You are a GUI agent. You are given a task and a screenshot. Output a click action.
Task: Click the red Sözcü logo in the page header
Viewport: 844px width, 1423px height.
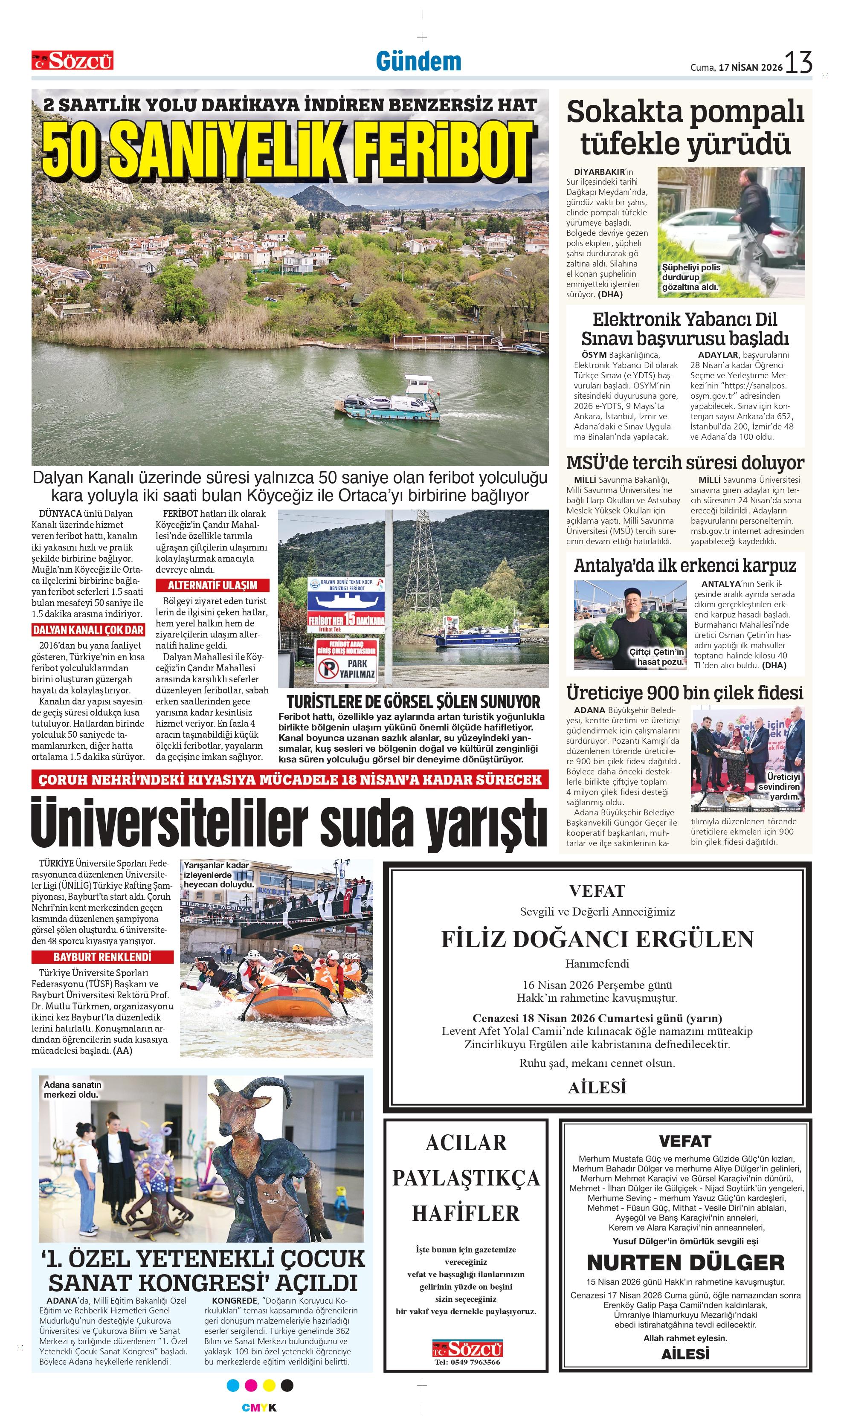pyautogui.click(x=72, y=60)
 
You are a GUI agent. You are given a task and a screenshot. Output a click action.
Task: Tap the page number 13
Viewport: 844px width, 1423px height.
pyautogui.click(x=799, y=63)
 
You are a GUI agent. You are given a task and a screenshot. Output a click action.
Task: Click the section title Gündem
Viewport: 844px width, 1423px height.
pyautogui.click(x=418, y=61)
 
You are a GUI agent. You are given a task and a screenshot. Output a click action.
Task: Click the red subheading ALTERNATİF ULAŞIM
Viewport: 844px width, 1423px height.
pyautogui.click(x=212, y=585)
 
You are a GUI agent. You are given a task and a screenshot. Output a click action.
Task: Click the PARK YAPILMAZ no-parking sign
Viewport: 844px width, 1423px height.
pyautogui.click(x=346, y=668)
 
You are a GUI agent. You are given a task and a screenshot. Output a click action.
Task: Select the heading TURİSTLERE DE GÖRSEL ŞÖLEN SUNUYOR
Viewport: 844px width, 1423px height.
pyautogui.click(x=413, y=701)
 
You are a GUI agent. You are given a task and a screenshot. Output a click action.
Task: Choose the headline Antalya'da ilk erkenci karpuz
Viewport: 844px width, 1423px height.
pyautogui.click(x=685, y=566)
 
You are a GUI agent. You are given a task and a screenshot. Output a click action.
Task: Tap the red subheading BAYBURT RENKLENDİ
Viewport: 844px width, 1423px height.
pyautogui.click(x=102, y=957)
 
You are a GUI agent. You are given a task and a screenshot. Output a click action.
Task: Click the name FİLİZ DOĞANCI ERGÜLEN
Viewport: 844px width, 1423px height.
pyautogui.click(x=597, y=939)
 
